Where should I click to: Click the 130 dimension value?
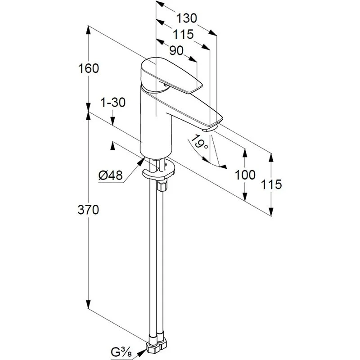tap(186, 18)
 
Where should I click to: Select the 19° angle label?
tap(198, 143)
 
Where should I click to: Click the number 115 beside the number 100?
tap(272, 184)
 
